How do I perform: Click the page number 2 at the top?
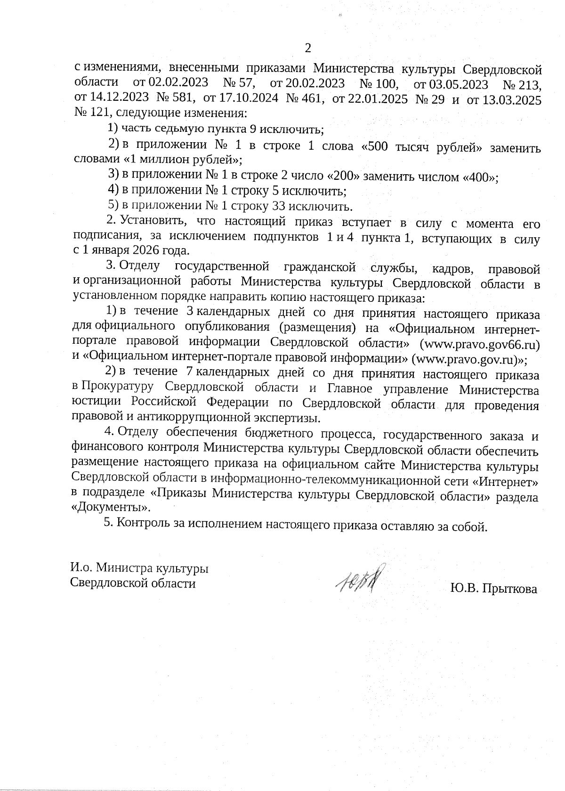(308, 48)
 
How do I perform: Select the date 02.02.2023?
(178, 83)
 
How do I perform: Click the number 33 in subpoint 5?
(278, 206)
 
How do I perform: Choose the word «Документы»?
(111, 508)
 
